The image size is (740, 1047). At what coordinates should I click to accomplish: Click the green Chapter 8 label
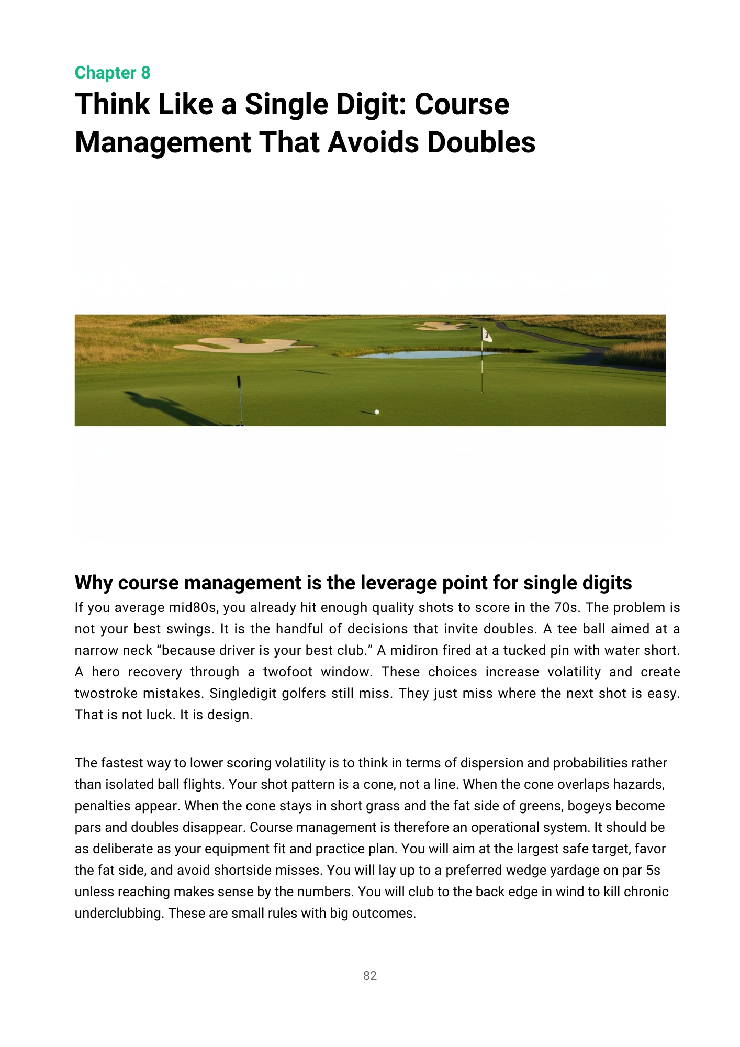(x=113, y=73)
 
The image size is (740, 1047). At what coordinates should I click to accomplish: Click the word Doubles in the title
(x=481, y=142)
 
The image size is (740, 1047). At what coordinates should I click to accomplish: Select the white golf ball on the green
(x=377, y=412)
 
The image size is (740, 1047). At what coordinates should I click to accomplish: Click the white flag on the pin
(x=487, y=335)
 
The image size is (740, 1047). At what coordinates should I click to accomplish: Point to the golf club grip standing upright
(x=239, y=384)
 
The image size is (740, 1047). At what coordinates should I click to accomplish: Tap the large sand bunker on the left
(x=241, y=344)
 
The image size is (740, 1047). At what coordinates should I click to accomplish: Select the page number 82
(x=370, y=976)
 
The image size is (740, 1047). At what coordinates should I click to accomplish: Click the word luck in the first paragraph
(x=160, y=715)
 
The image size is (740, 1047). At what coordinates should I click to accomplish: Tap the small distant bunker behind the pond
(x=440, y=326)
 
